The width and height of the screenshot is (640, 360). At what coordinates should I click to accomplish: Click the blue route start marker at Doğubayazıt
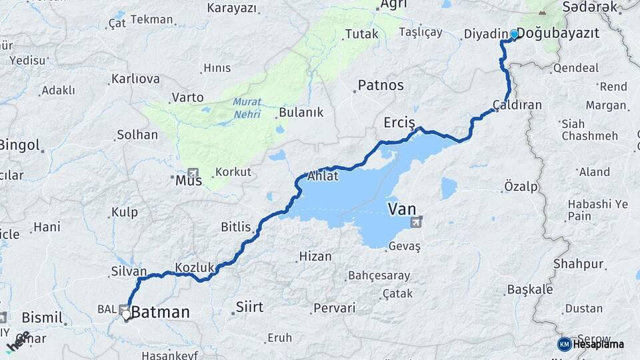(514, 35)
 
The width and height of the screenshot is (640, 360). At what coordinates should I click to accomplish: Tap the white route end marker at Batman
(125, 314)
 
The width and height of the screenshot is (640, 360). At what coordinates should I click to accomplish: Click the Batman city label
(160, 312)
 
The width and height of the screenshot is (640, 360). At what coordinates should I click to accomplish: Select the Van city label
(401, 209)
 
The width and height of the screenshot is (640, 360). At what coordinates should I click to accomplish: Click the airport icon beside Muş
(193, 172)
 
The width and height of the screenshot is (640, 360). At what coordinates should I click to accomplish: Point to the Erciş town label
(399, 123)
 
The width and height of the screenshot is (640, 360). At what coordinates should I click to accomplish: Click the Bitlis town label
(235, 227)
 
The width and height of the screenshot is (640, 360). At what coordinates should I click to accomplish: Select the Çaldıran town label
(517, 105)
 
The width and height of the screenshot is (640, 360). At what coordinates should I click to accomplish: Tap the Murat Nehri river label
(247, 108)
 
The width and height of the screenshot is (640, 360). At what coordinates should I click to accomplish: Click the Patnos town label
(381, 85)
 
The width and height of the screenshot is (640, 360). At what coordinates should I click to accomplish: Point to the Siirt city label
(249, 307)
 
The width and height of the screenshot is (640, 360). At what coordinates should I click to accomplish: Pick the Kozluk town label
(194, 267)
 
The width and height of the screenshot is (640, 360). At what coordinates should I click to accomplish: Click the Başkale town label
(530, 289)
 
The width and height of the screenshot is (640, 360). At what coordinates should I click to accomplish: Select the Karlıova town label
(135, 79)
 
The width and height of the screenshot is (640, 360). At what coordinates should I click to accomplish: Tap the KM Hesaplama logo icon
(564, 344)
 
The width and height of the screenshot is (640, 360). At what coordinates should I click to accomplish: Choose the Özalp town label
(521, 187)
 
